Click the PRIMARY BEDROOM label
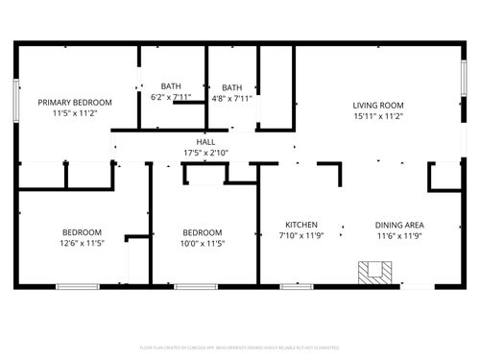point(75,102)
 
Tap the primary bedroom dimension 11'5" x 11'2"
point(75,112)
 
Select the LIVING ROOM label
point(377,106)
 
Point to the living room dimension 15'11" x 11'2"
point(377,116)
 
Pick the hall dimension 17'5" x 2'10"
point(206,153)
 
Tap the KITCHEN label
point(302,225)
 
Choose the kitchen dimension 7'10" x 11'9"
point(302,235)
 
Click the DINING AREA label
point(399,225)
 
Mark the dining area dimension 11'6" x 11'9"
point(399,235)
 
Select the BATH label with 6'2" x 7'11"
point(171,86)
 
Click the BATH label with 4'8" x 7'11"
point(231,86)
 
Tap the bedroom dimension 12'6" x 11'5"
point(82,243)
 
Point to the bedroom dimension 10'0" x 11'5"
point(203,243)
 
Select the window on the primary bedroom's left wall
point(15,101)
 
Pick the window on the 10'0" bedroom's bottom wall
point(195,286)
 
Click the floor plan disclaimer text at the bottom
point(239,348)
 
